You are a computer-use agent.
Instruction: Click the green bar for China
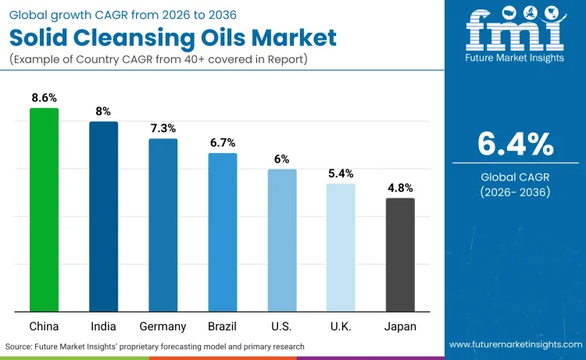pyautogui.click(x=44, y=210)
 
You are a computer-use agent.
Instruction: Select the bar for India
pyautogui.click(x=103, y=217)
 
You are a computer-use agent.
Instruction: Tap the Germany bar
pyautogui.click(x=163, y=226)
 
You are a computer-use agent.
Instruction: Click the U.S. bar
pyautogui.click(x=281, y=241)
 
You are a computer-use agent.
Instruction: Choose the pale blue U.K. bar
pyautogui.click(x=341, y=248)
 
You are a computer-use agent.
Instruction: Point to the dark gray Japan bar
pyautogui.click(x=400, y=255)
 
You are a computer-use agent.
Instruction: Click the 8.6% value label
pyautogui.click(x=44, y=98)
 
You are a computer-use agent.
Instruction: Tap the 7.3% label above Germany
pyautogui.click(x=163, y=128)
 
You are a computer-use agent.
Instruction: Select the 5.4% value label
pyautogui.click(x=341, y=173)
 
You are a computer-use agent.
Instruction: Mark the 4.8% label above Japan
pyautogui.click(x=400, y=187)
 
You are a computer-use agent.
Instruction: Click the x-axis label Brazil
pyautogui.click(x=222, y=326)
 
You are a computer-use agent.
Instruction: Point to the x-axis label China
pyautogui.click(x=44, y=326)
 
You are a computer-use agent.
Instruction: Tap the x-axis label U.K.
pyautogui.click(x=341, y=326)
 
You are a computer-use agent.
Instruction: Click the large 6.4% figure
pyautogui.click(x=515, y=144)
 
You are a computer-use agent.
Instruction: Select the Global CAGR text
pyautogui.click(x=515, y=176)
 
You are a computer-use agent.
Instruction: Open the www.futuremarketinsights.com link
pyautogui.click(x=515, y=344)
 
